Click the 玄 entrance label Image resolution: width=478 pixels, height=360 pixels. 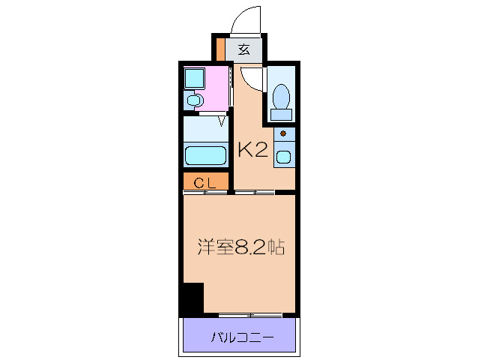(x=244, y=50)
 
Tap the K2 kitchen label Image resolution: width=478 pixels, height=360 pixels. (x=252, y=149)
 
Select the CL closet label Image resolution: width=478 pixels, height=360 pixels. (x=205, y=182)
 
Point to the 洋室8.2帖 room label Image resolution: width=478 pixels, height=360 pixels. (x=240, y=247)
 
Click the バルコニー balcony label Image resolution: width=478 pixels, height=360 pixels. (x=240, y=337)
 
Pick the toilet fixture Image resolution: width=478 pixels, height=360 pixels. (x=282, y=97)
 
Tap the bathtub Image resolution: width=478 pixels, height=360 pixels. (x=205, y=155)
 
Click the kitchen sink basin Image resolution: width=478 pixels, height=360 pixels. (x=284, y=157)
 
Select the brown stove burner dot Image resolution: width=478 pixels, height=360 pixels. (x=283, y=134)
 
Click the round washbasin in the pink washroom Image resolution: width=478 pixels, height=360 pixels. (x=194, y=99)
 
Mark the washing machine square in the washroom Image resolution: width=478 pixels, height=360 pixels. (x=195, y=79)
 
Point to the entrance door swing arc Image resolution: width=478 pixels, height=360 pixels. (x=248, y=19)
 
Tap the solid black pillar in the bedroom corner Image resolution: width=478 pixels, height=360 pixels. (x=193, y=298)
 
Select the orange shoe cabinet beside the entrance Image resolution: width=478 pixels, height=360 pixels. (x=221, y=50)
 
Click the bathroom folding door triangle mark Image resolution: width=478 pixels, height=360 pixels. (x=223, y=119)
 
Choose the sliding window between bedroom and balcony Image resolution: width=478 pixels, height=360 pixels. (x=250, y=314)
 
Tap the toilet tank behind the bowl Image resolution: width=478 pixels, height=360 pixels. (x=282, y=114)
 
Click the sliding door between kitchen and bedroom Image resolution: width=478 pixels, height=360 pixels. (x=253, y=193)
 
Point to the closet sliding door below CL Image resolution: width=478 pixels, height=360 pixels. (x=205, y=193)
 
